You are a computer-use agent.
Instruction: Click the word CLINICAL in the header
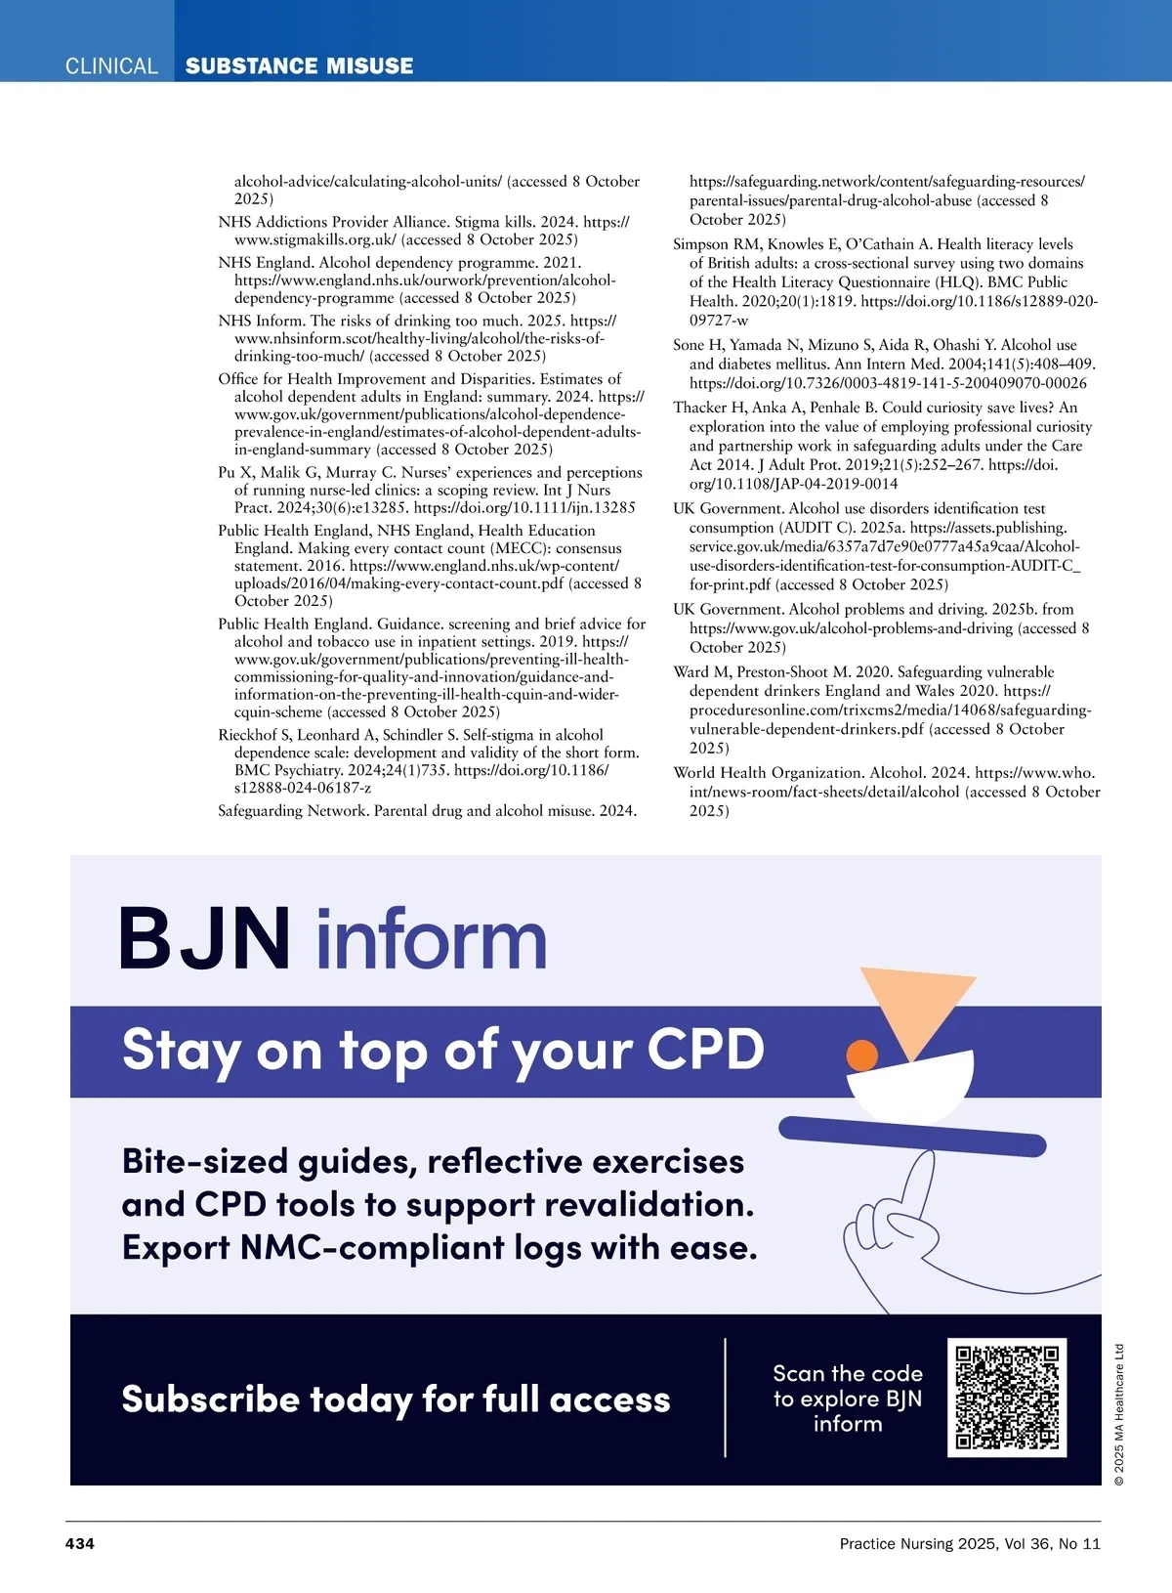(x=111, y=66)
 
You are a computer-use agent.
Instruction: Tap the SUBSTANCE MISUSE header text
(x=299, y=66)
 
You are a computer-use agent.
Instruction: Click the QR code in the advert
(x=1007, y=1398)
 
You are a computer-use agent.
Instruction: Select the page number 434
(x=80, y=1544)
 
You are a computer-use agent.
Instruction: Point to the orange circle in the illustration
(x=861, y=1055)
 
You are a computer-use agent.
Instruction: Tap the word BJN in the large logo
(x=205, y=939)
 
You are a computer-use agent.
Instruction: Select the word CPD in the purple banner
(x=705, y=1050)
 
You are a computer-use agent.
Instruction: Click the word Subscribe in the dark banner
(x=209, y=1399)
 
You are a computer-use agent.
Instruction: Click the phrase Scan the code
(x=848, y=1374)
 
